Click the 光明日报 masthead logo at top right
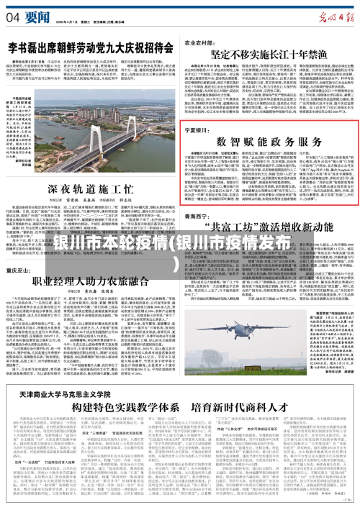327,12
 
